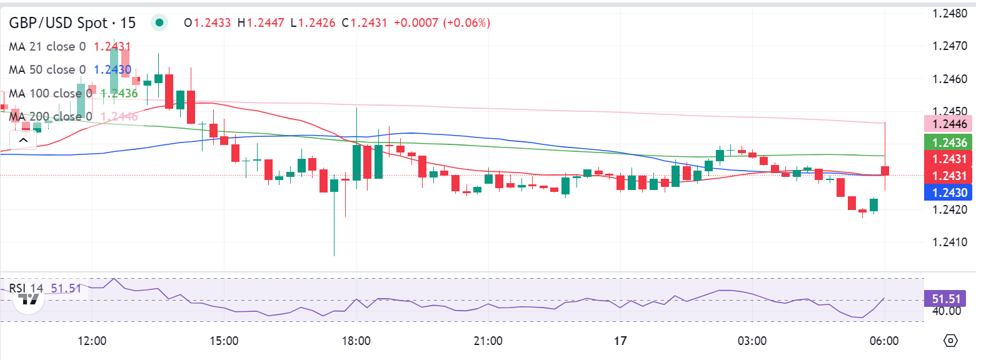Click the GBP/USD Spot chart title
[x=72, y=23]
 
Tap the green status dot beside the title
[x=159, y=23]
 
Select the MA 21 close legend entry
[x=48, y=47]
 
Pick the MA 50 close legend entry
[x=48, y=70]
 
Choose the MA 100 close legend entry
[x=51, y=94]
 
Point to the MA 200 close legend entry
[x=51, y=117]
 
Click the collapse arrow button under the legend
[x=23, y=140]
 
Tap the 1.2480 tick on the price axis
[x=949, y=13]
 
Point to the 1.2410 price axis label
[x=949, y=242]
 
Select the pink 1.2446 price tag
[x=948, y=124]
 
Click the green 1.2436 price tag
[x=948, y=143]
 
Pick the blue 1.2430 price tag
[x=948, y=193]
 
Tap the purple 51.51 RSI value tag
[x=945, y=299]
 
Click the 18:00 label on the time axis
[x=356, y=341]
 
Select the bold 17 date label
[x=620, y=341]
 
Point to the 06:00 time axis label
[x=883, y=341]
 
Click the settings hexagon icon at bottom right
[x=950, y=341]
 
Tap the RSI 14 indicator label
[x=26, y=288]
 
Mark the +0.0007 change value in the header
[x=416, y=23]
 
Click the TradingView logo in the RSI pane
[x=29, y=299]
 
